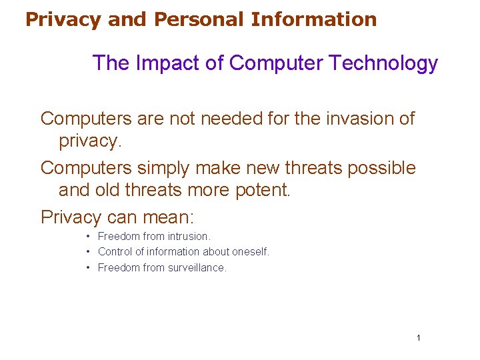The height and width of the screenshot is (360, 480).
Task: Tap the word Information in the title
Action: tap(314, 19)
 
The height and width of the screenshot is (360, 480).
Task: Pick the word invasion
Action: tap(351, 119)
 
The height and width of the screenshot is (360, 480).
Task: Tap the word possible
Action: tap(381, 168)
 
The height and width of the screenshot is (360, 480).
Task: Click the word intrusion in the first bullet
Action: tap(189, 236)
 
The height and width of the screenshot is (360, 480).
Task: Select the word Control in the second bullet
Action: tap(115, 252)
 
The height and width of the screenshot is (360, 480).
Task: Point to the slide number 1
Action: tap(418, 338)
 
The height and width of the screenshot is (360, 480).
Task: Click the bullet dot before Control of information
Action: tap(88, 252)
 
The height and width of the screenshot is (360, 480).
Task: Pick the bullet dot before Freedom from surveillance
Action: tap(88, 268)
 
